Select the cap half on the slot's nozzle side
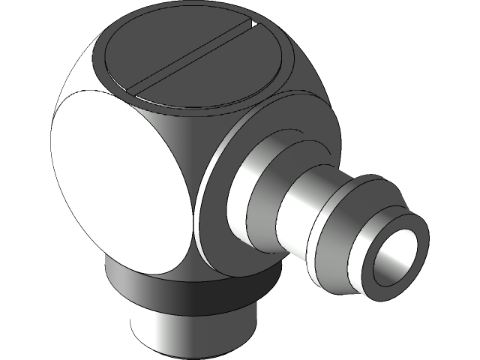217,75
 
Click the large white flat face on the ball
120,184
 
